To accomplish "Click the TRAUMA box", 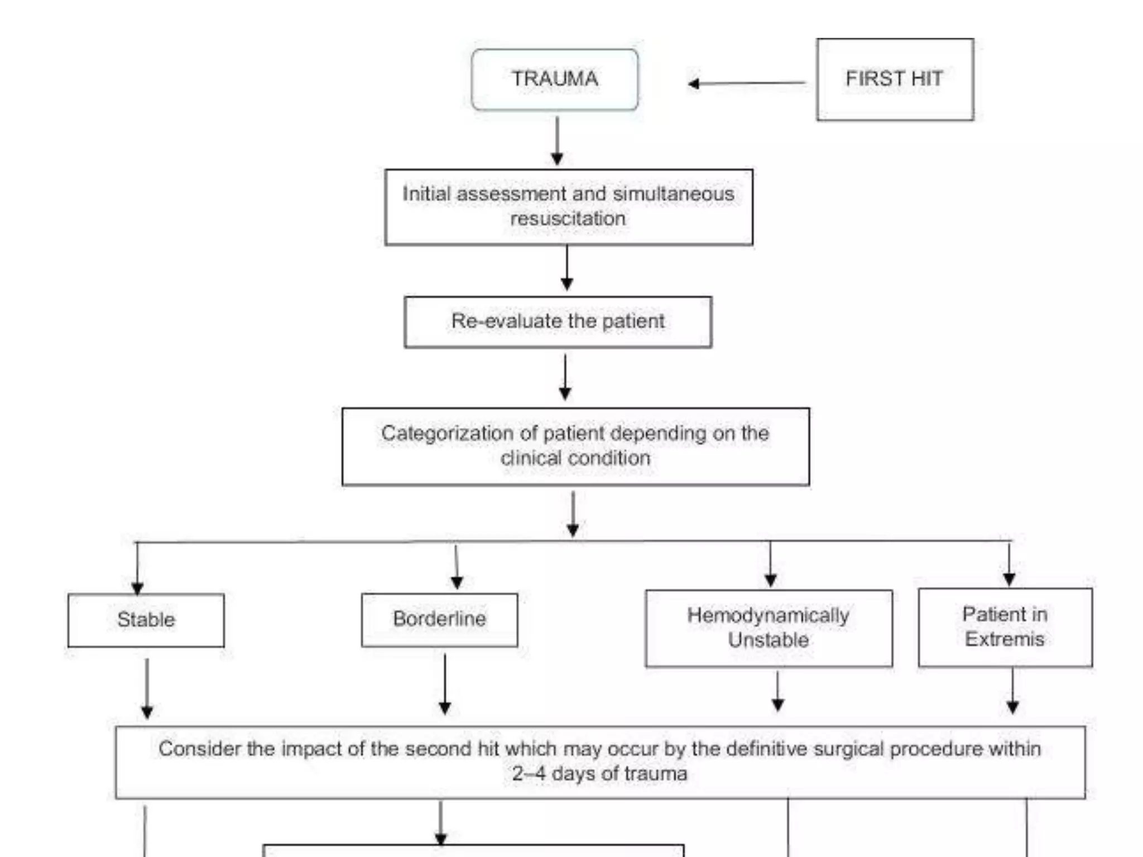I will [x=554, y=79].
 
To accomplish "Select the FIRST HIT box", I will [x=895, y=79].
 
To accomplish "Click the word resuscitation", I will [x=568, y=218].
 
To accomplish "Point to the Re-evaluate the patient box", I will [x=558, y=322].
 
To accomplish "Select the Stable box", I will [x=146, y=620].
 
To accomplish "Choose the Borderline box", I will [x=439, y=619].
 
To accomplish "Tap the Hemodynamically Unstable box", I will [x=768, y=628].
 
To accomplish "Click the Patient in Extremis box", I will [x=1005, y=627].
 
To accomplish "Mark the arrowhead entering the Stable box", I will [x=137, y=588].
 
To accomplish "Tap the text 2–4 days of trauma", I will [x=599, y=774].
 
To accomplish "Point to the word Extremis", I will [x=1005, y=639].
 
